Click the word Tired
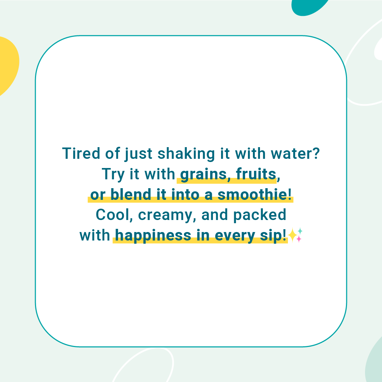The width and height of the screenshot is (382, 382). pyautogui.click(x=81, y=154)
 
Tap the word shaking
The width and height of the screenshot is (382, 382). pyautogui.click(x=186, y=155)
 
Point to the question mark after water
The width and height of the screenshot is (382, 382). pyautogui.click(x=316, y=154)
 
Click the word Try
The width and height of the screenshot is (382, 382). pyautogui.click(x=113, y=174)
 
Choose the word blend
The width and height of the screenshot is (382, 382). pyautogui.click(x=131, y=195)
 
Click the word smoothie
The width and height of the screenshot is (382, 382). pyautogui.click(x=252, y=195)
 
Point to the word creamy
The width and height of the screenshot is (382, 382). pyautogui.click(x=166, y=216)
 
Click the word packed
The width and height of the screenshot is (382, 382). pyautogui.click(x=260, y=215)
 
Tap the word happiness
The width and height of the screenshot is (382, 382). pyautogui.click(x=153, y=236)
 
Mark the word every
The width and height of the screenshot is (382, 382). pyautogui.click(x=235, y=236)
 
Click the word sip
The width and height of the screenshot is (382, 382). pyautogui.click(x=271, y=236)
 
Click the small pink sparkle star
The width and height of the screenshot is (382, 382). pyautogui.click(x=299, y=239)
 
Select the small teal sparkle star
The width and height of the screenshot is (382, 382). pyautogui.click(x=300, y=231)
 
